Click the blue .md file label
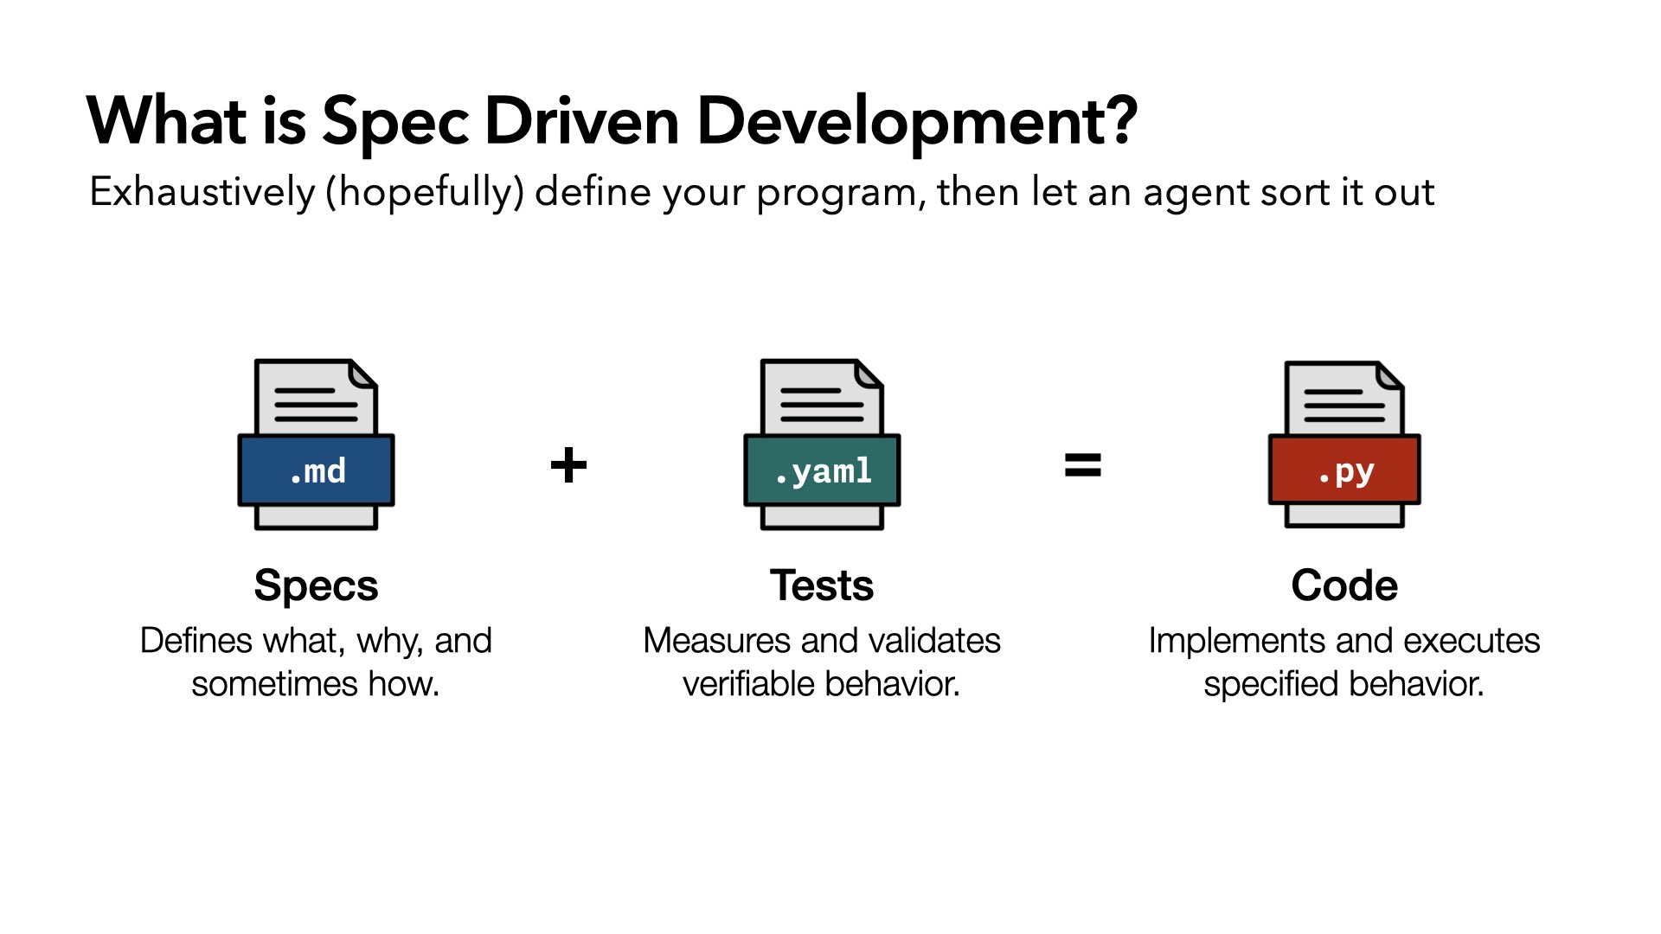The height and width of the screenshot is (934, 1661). tap(317, 470)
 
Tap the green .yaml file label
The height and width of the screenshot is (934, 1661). tap(822, 470)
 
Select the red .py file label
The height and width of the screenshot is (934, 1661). tap(1344, 470)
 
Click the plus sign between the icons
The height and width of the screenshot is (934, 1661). tap(568, 466)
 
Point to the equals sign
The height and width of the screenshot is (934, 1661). tap(1082, 466)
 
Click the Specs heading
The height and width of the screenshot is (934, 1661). tap(317, 586)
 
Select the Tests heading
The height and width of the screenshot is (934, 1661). tap(822, 585)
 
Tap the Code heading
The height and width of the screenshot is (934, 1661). tap(1344, 585)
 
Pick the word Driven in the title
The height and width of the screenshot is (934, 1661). tap(582, 121)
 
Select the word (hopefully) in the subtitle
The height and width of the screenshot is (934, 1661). tap(425, 193)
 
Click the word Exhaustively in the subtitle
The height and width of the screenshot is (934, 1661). tap(202, 192)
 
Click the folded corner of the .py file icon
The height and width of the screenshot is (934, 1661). tap(1389, 376)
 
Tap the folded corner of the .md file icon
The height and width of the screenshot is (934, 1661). tap(363, 374)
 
